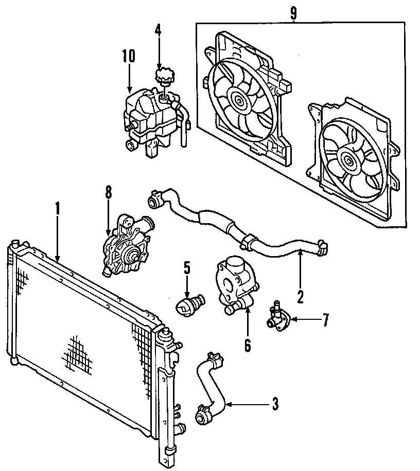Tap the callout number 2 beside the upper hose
(x=300, y=296)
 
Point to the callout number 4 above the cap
(x=157, y=30)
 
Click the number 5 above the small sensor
(x=187, y=267)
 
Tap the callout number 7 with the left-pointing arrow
(x=325, y=320)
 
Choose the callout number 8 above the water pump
(x=108, y=192)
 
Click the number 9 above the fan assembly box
(x=293, y=13)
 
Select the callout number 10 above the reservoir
(x=128, y=56)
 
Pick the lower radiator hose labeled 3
(x=211, y=391)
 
